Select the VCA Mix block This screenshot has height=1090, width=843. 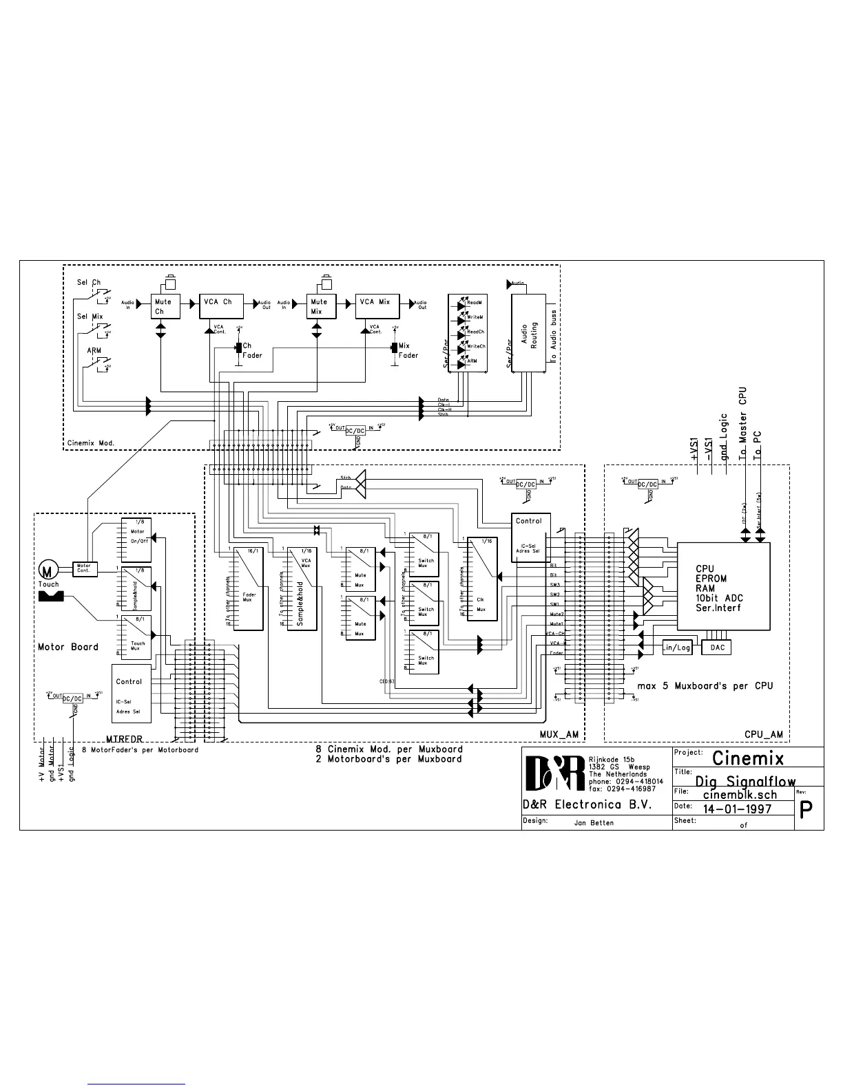coord(377,306)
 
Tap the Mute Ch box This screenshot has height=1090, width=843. coord(165,306)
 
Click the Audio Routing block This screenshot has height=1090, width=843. coord(528,334)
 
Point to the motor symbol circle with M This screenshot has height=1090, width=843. coord(48,570)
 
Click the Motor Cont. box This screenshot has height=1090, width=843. coord(85,569)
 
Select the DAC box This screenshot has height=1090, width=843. coord(717,648)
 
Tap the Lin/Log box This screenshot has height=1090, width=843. coord(676,648)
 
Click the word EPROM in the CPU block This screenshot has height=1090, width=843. coord(711,579)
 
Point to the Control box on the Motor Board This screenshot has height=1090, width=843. coord(131,694)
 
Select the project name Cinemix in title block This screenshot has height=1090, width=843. coord(748,758)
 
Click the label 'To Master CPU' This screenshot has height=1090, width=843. coord(743,423)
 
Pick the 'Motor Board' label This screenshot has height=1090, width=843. coord(68,647)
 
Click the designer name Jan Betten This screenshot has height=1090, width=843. coord(593,822)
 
